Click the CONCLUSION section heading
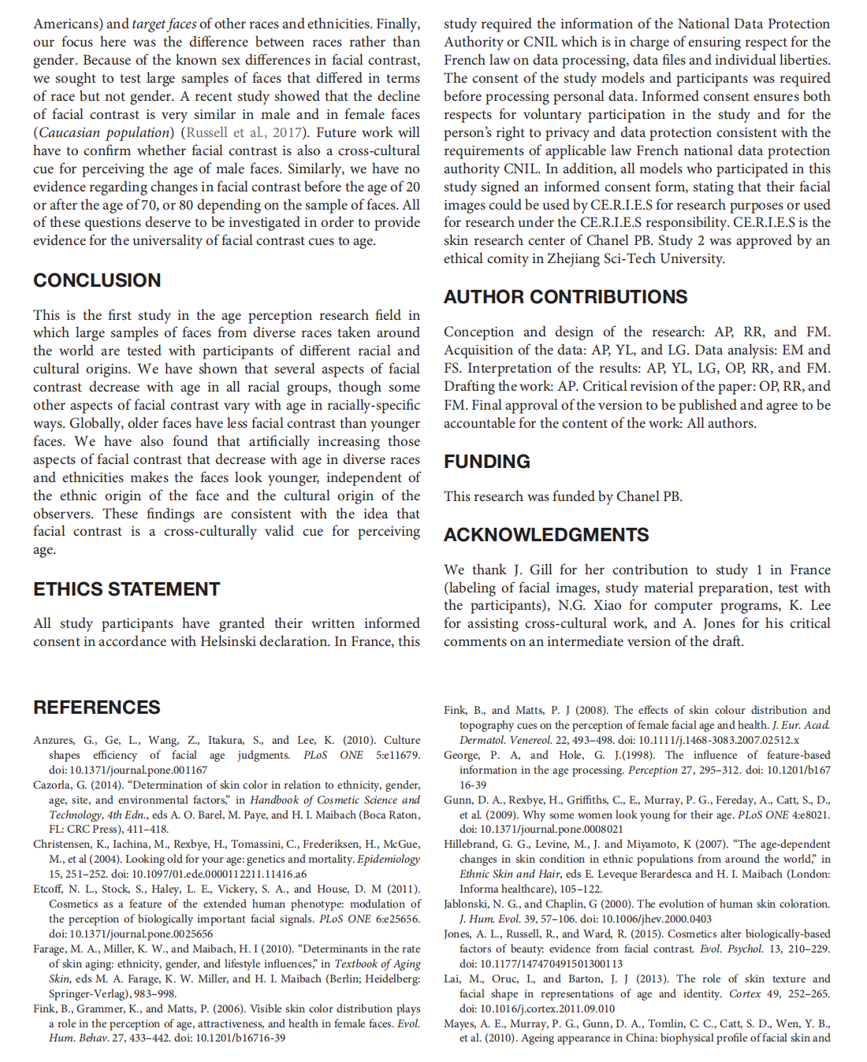pyautogui.click(x=97, y=280)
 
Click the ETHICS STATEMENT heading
pyautogui.click(x=126, y=589)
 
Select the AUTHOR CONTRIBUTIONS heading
pyautogui.click(x=565, y=297)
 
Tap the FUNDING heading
pyautogui.click(x=486, y=462)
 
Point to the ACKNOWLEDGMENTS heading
pyautogui.click(x=545, y=535)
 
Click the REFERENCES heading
pyautogui.click(x=96, y=707)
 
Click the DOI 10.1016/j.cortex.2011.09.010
pyautogui.click(x=536, y=1008)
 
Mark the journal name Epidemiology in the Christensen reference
pyautogui.click(x=389, y=859)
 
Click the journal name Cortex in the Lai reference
pyautogui.click(x=744, y=993)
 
